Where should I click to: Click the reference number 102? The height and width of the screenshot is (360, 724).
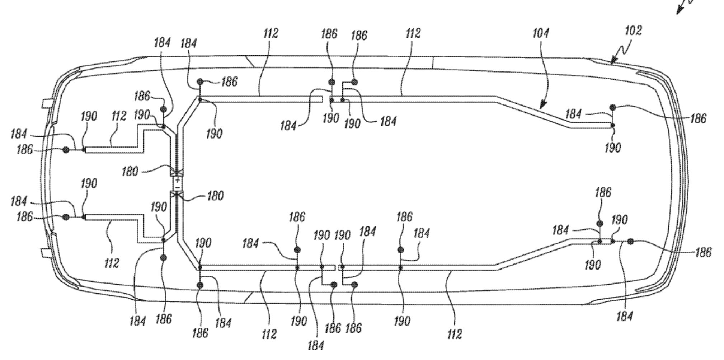633,31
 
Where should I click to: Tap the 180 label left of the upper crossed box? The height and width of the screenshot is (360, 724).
130,171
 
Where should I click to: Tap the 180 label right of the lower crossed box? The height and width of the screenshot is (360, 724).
215,196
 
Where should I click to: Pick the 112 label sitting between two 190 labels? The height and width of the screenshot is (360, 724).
118,116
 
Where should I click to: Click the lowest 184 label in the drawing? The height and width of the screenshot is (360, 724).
316,345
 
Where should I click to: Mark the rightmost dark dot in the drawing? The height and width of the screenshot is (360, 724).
630,242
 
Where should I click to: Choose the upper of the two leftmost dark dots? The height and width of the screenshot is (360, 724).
66,150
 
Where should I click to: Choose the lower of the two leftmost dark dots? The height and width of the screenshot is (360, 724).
66,217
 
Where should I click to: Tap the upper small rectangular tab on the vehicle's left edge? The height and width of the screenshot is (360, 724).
46,103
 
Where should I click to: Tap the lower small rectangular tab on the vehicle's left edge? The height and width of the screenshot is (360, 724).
46,253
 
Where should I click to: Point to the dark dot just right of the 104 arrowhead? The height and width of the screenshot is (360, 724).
613,107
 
